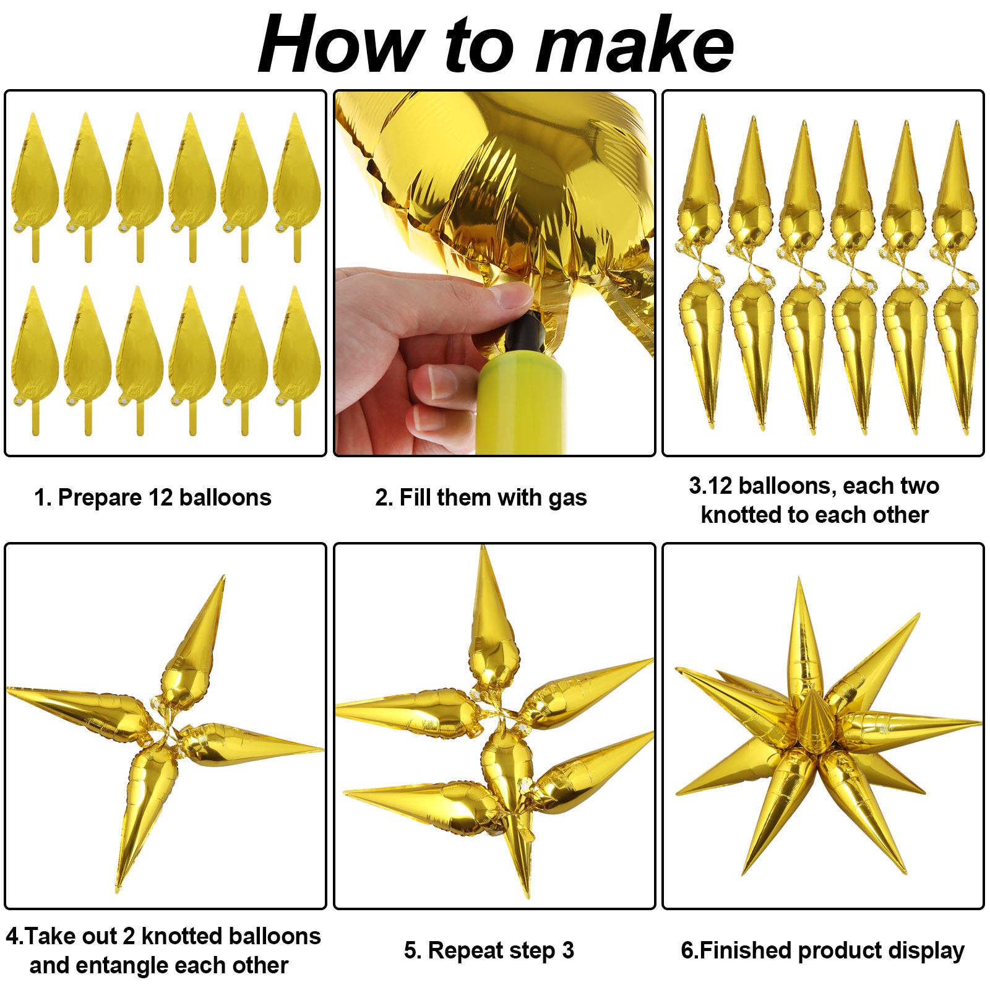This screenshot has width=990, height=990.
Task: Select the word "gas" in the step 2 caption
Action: [x=567, y=499]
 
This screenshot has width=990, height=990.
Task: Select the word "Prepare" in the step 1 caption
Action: [x=100, y=498]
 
